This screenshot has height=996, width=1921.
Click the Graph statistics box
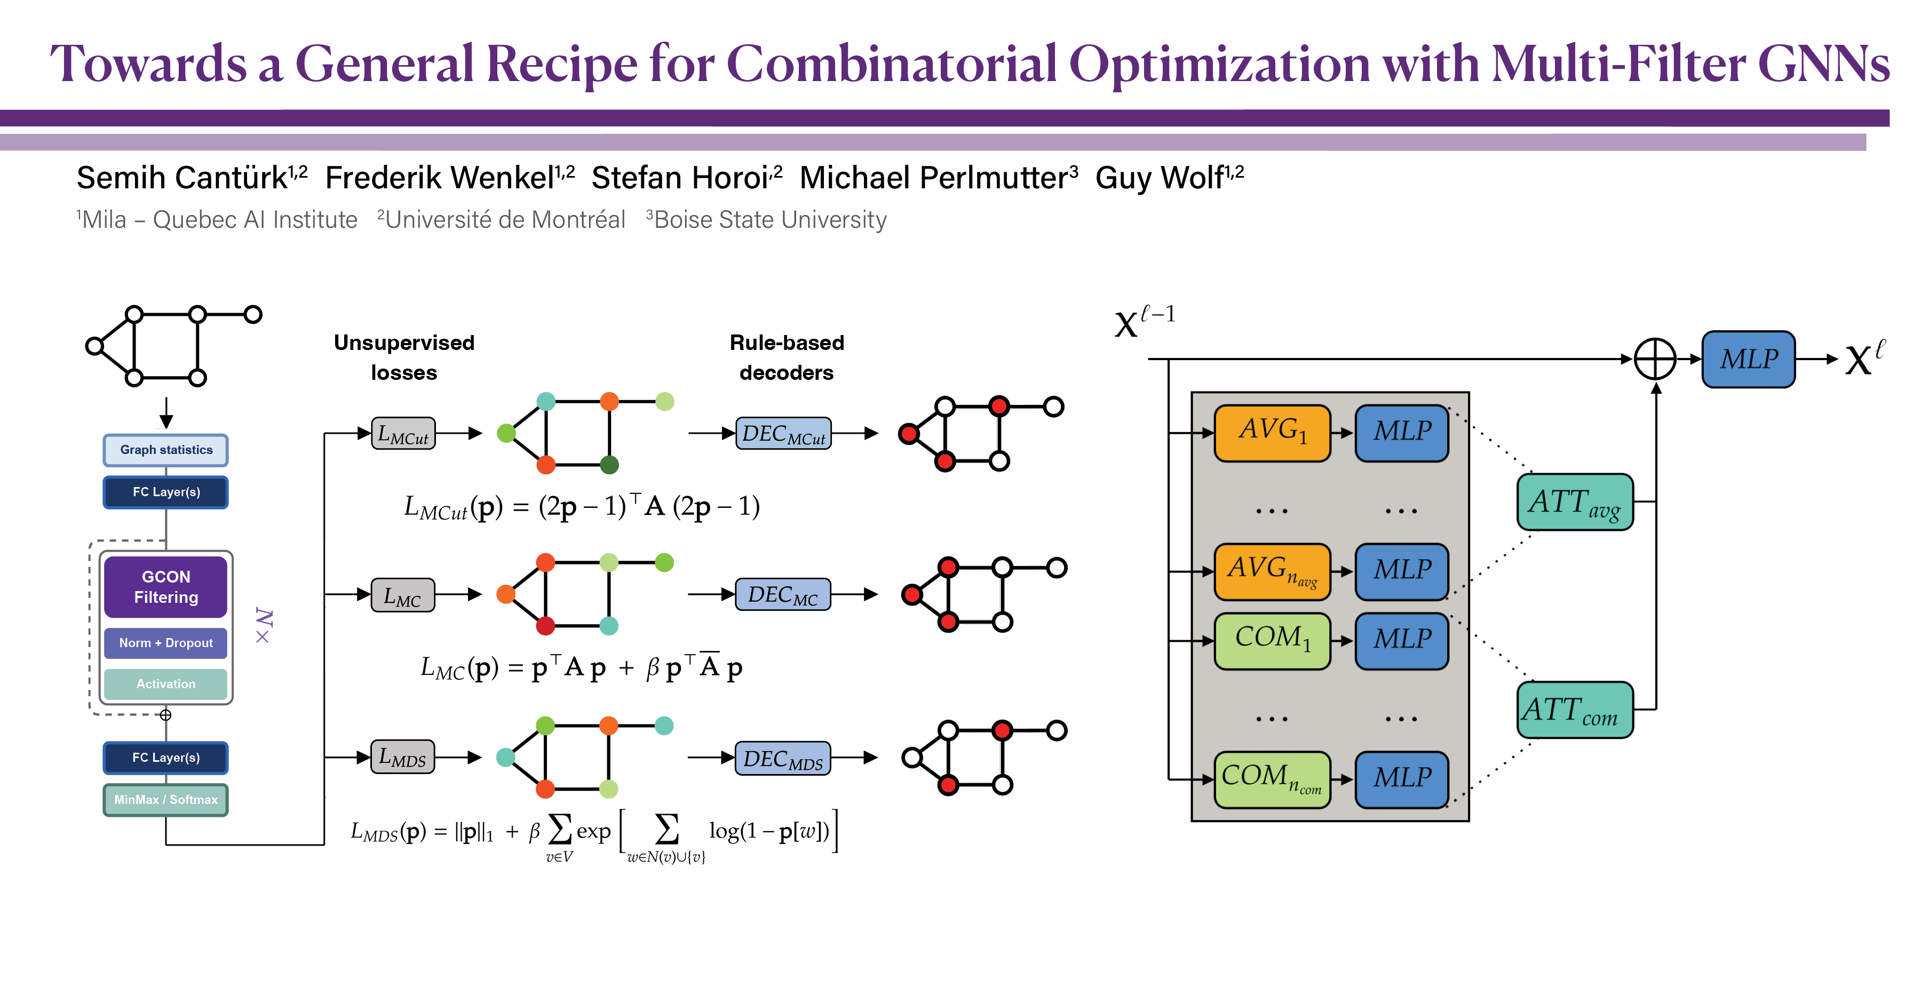point(165,450)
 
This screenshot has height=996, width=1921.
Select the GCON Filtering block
point(165,587)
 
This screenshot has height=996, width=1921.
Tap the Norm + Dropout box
point(165,643)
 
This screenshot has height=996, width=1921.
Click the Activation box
point(165,683)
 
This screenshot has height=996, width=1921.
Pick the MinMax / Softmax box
point(165,800)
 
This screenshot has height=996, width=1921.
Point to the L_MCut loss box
point(403,433)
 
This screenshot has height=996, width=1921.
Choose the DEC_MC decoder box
point(782,595)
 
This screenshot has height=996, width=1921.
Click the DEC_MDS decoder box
point(782,758)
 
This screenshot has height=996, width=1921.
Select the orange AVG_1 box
point(1272,433)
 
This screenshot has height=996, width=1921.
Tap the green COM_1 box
point(1272,640)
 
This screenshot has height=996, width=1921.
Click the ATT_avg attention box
point(1574,501)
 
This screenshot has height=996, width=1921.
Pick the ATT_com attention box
point(1574,710)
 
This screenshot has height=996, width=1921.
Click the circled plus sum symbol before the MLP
point(1655,360)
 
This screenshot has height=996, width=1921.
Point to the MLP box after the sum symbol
point(1748,360)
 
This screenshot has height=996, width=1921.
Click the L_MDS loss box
point(403,758)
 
